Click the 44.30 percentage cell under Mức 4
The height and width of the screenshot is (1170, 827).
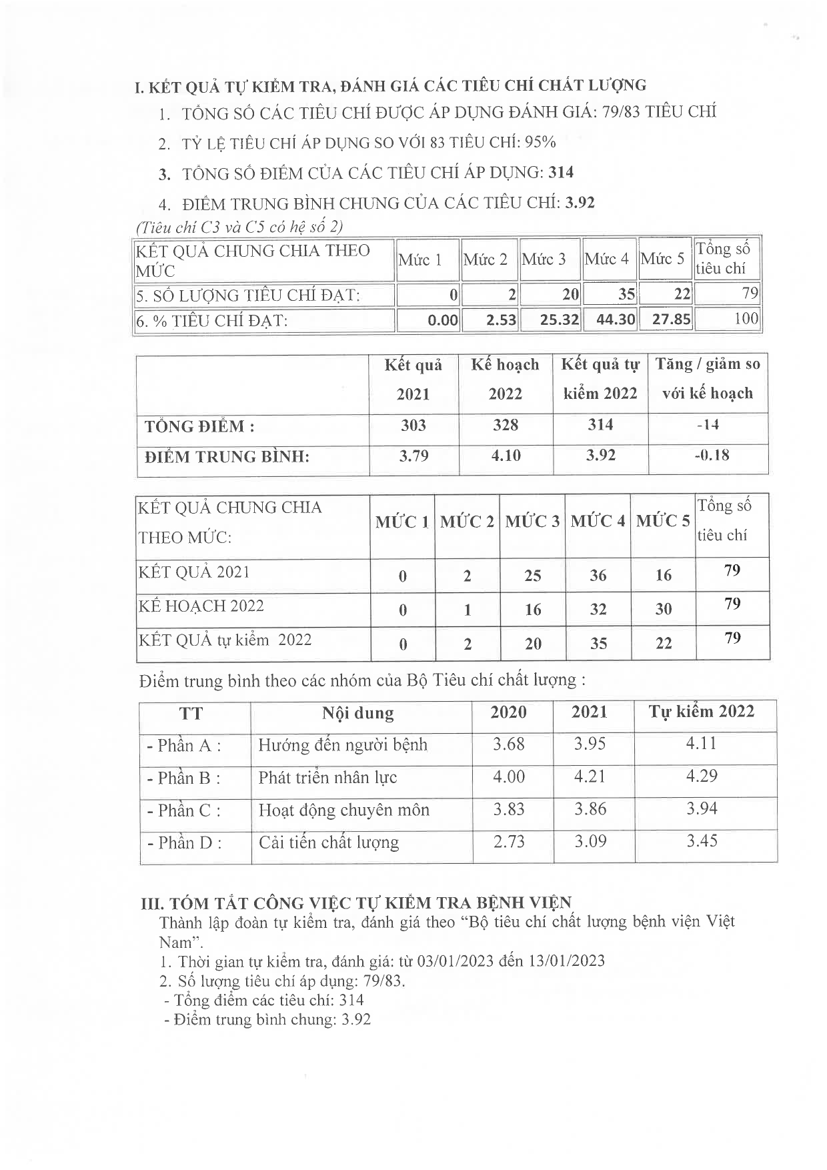[x=615, y=320]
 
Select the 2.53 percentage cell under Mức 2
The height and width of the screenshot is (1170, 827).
[x=501, y=320]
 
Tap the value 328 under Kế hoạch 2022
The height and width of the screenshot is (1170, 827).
[x=505, y=425]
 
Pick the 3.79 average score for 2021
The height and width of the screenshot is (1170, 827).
[x=414, y=456]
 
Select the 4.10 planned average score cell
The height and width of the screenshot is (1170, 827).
[x=506, y=456]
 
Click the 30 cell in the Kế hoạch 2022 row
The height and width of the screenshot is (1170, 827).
[x=663, y=609]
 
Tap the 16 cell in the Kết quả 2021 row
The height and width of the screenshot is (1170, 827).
[x=663, y=575]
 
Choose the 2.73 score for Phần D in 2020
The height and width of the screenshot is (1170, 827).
[x=509, y=842]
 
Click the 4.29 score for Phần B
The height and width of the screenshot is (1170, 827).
[x=702, y=776]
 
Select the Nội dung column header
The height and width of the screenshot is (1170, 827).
[x=358, y=713]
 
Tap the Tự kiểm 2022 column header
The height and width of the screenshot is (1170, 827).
[x=702, y=712]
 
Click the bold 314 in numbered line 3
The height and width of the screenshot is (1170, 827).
[x=561, y=173]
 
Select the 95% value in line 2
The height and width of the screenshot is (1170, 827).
[x=540, y=142]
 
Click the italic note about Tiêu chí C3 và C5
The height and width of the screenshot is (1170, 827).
[x=239, y=227]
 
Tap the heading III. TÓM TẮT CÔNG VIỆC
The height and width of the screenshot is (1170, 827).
[x=357, y=903]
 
